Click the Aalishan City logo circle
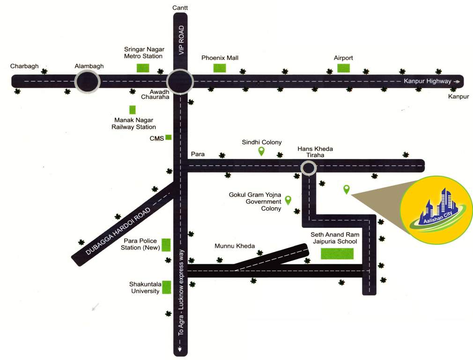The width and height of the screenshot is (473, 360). point(437,210)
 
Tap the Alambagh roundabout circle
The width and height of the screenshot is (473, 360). point(88,82)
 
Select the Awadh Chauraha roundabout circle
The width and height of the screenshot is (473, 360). point(180,82)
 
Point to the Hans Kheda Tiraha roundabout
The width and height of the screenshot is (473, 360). point(309,168)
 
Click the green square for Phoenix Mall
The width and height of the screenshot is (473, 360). point(220,67)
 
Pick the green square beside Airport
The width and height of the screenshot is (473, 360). point(343,67)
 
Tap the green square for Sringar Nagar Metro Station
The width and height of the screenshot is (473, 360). point(143,67)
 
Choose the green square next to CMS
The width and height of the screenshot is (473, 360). point(169,137)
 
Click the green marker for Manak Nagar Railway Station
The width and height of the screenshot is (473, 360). point(133,110)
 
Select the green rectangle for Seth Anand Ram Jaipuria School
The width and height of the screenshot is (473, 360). point(337,254)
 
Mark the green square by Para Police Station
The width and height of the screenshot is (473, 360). point(166,245)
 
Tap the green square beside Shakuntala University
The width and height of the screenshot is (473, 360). point(166,287)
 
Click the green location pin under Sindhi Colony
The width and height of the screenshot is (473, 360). point(261,151)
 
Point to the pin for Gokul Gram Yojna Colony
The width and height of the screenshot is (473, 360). point(288,200)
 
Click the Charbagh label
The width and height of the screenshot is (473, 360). point(24,67)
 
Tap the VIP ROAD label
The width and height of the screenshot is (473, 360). point(181,41)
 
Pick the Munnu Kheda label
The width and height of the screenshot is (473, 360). point(235,246)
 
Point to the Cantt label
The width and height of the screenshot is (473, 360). point(180,8)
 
